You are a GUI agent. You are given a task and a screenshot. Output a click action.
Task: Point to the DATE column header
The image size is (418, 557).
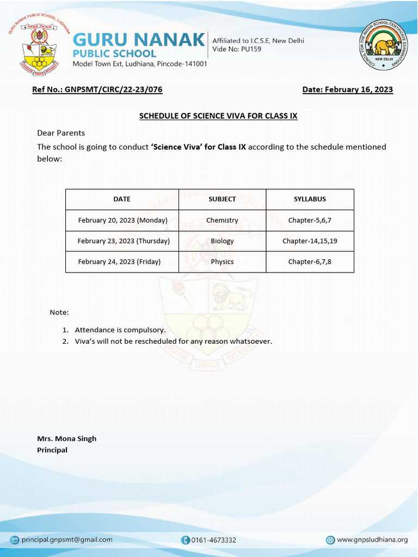(122, 199)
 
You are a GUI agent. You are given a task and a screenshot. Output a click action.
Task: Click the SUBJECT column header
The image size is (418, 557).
(222, 199)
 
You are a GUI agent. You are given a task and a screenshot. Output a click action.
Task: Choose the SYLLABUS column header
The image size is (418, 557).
(310, 199)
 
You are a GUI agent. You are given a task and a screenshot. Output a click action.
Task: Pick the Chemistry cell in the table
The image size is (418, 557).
(222, 220)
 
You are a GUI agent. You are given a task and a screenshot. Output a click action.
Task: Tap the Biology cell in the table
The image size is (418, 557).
(222, 241)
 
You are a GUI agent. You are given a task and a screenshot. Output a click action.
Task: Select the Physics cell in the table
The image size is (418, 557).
(222, 262)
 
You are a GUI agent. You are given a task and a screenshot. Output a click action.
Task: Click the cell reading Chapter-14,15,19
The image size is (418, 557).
(310, 241)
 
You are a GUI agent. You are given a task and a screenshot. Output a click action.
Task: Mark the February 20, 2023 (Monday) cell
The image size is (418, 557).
(122, 220)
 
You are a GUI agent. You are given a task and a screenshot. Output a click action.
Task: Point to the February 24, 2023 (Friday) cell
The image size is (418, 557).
(119, 262)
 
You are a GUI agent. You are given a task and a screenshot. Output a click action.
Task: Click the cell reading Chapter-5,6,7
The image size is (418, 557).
(310, 220)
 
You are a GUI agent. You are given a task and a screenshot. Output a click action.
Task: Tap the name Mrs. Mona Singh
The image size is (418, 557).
(66, 438)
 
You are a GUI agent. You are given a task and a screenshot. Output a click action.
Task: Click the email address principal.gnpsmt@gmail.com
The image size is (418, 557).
(66, 540)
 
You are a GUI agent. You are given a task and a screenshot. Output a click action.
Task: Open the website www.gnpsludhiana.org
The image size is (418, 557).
(372, 540)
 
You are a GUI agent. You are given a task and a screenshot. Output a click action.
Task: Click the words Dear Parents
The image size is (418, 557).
(61, 133)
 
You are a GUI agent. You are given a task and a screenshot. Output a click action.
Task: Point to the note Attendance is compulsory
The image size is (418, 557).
(120, 330)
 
